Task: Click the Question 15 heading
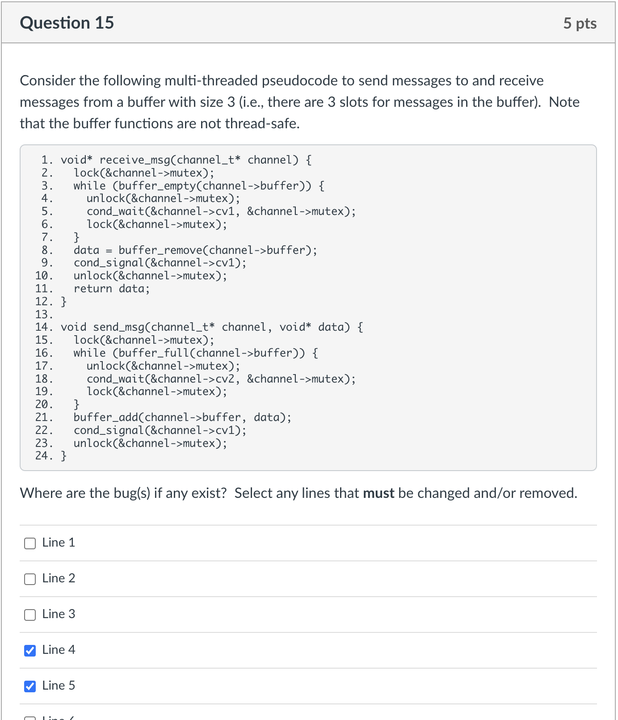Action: click(67, 23)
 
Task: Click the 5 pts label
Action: click(580, 23)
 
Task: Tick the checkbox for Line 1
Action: click(30, 543)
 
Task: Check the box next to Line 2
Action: click(30, 579)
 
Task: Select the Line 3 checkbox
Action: click(30, 615)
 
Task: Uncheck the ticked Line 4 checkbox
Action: click(30, 650)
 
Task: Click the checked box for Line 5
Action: click(30, 686)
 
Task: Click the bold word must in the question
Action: click(378, 493)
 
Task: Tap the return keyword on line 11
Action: click(92, 289)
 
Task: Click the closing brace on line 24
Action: click(63, 456)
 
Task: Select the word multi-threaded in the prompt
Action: click(211, 80)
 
